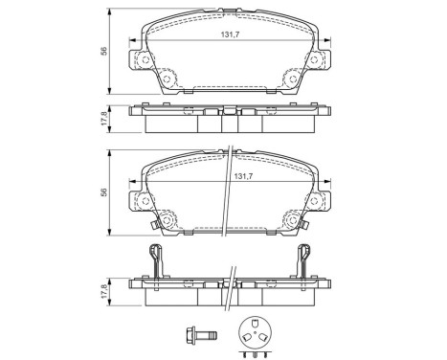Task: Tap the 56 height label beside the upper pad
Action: pyautogui.click(x=107, y=52)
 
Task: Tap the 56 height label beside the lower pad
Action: pyautogui.click(x=107, y=191)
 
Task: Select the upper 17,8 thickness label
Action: pyautogui.click(x=107, y=120)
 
